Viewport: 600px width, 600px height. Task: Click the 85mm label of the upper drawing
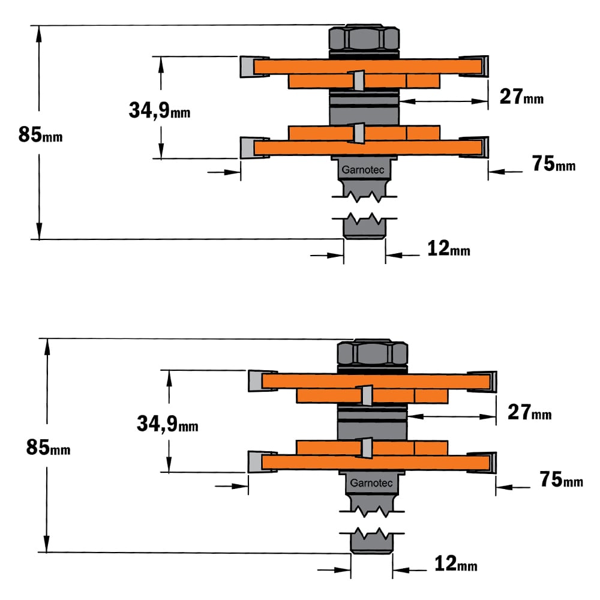point(41,134)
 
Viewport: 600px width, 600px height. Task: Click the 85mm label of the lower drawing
point(48,448)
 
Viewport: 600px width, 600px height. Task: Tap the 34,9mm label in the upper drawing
point(160,110)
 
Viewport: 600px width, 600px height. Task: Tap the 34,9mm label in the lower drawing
point(167,424)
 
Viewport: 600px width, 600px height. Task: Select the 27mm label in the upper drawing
point(521,97)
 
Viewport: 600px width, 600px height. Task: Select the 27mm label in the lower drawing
point(530,412)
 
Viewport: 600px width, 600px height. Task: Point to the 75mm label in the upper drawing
point(554,164)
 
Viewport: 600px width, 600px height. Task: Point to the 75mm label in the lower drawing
point(562,479)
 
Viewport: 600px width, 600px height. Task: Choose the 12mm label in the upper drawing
point(448,248)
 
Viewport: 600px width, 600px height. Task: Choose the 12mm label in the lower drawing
point(456,563)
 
